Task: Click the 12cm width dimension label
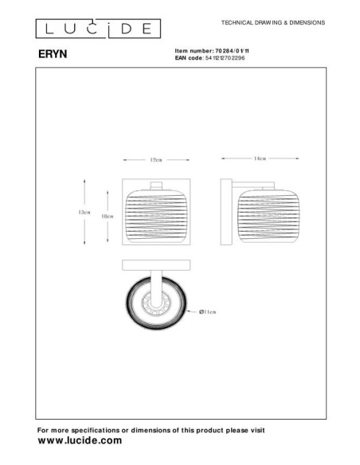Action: point(156,160)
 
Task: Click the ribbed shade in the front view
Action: point(156,216)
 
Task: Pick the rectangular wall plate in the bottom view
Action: point(156,266)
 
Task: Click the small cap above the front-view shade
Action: point(156,188)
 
